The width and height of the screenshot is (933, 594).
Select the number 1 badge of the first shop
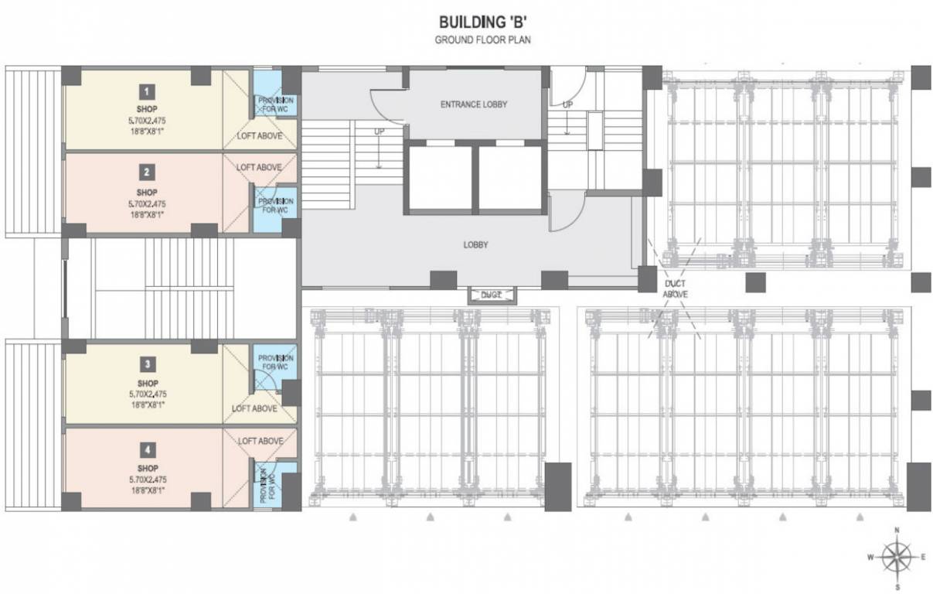(147, 89)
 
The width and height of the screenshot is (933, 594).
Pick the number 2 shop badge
(147, 172)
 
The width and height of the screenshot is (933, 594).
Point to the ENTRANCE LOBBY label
(474, 104)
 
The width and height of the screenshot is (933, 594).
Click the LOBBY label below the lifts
(475, 245)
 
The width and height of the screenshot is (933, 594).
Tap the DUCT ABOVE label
(676, 289)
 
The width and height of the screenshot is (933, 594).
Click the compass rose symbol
(897, 556)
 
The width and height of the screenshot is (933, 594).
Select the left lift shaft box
(440, 178)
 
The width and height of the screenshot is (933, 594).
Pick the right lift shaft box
(509, 178)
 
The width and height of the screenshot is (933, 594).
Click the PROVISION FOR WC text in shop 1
(275, 105)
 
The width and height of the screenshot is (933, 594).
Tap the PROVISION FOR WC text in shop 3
(275, 362)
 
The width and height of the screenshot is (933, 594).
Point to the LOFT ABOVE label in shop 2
(259, 167)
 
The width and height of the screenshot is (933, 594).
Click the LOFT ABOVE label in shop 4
(260, 441)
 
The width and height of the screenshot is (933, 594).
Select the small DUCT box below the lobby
(492, 295)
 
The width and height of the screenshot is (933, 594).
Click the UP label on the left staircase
(379, 131)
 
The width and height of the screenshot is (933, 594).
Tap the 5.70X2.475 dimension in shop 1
(148, 121)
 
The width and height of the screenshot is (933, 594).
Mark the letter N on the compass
(897, 531)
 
